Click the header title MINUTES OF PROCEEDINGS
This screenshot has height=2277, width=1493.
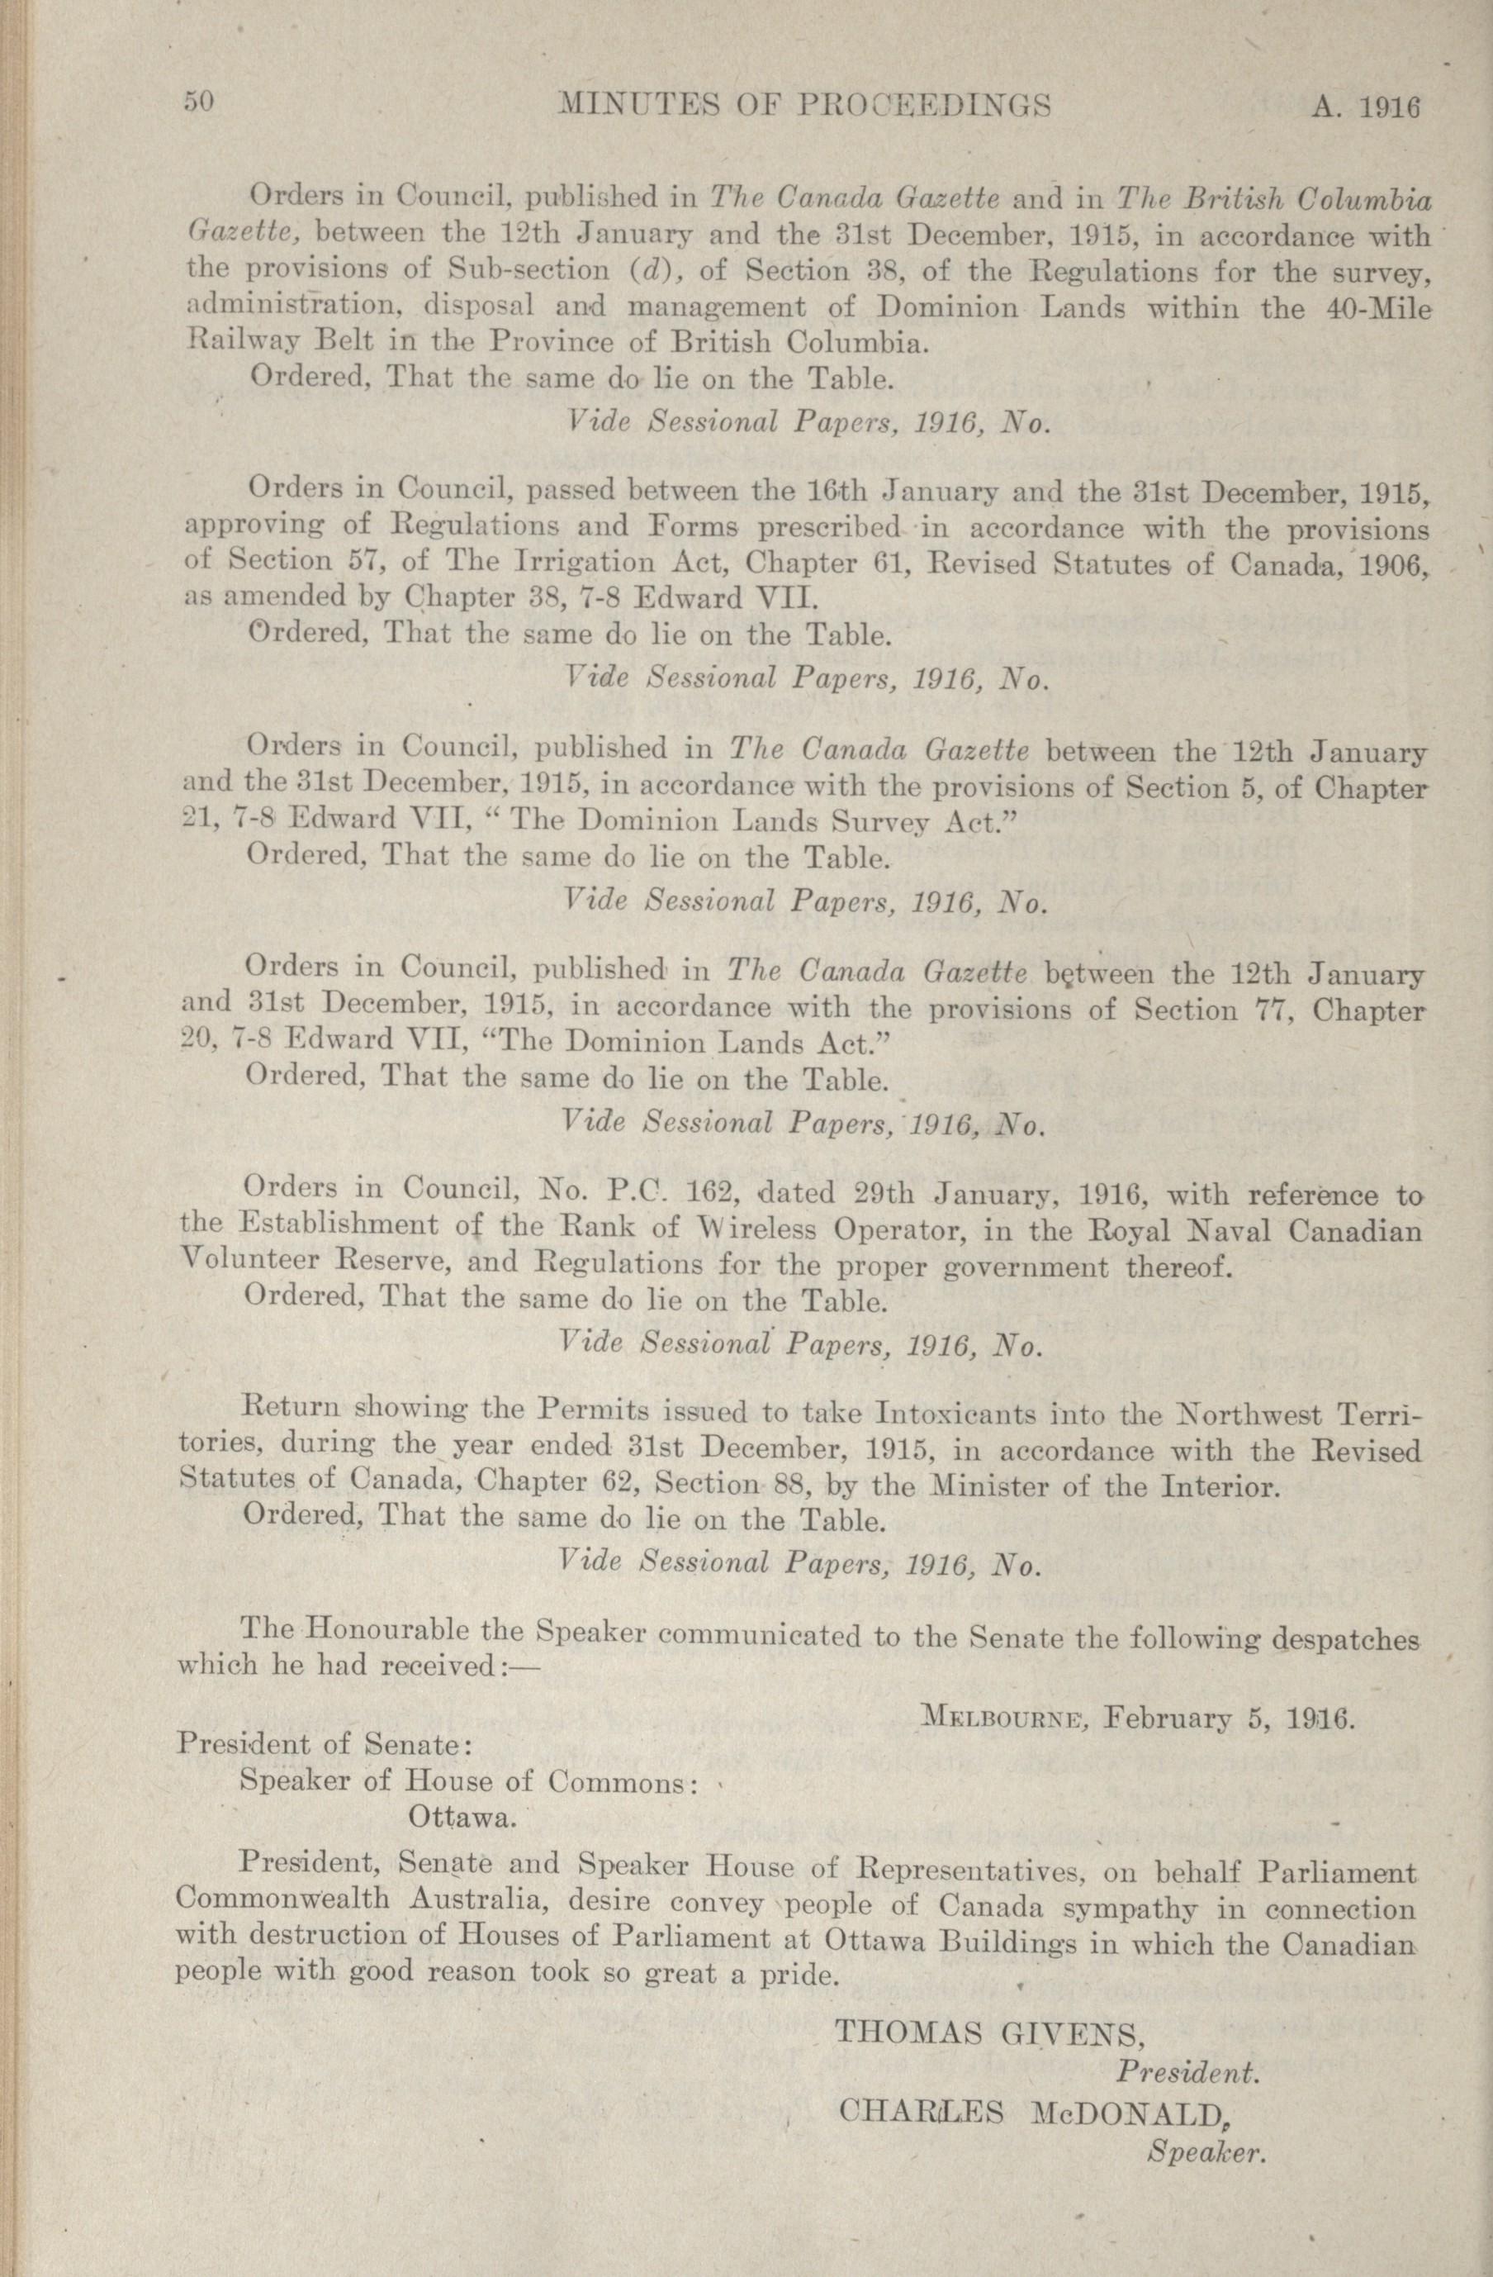pos(803,105)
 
